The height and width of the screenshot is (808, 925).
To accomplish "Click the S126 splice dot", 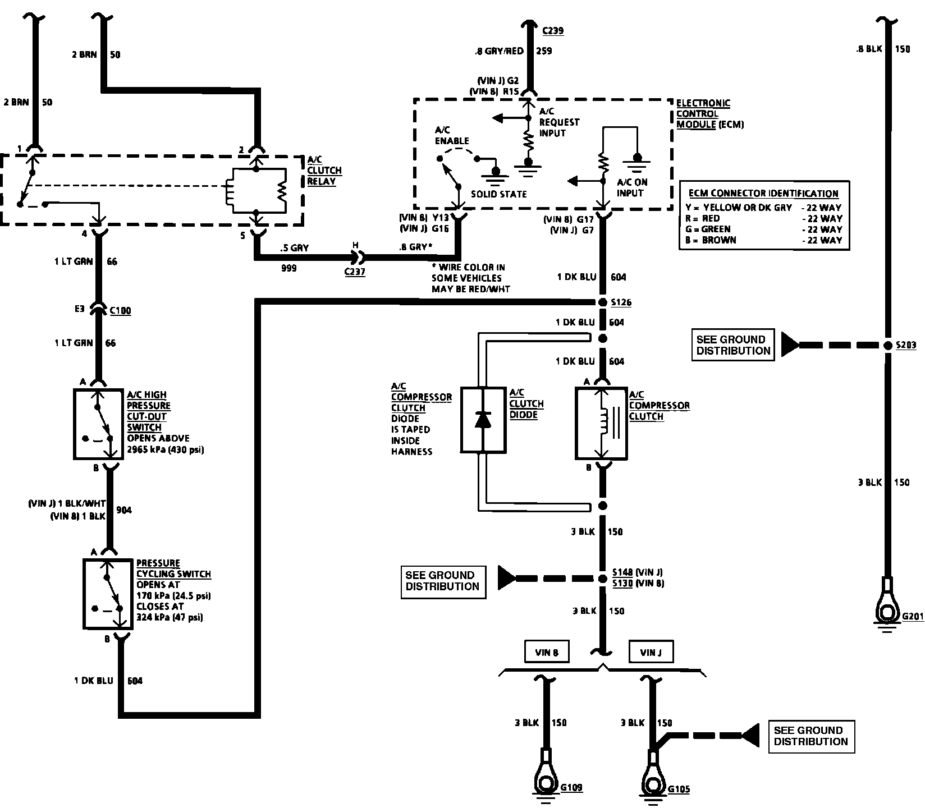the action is pos(602,302).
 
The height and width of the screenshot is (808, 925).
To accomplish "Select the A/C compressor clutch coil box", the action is pos(601,423).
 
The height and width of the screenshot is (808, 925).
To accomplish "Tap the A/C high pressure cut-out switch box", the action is pos(98,424).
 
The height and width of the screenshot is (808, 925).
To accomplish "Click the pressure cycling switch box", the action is pos(108,593).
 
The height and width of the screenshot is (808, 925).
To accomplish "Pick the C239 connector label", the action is pos(553,31).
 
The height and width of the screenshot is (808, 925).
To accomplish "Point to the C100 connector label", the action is pos(120,311).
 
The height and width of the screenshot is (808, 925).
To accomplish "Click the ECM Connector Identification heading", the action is pos(763,194).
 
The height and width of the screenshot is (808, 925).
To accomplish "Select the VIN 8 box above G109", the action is pos(547,652).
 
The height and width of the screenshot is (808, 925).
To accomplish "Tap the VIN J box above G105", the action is pos(651,653).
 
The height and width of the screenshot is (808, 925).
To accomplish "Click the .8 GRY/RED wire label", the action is pos(498,51).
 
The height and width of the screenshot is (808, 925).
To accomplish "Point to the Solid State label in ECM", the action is pos(499,194).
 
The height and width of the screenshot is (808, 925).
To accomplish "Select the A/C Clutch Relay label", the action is pos(324,171).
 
